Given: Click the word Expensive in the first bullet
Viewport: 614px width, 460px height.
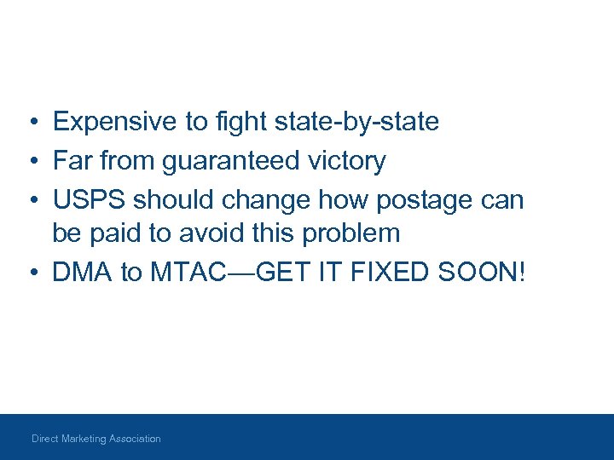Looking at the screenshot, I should click(115, 123).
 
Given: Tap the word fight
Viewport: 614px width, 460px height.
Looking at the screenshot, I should click(240, 123).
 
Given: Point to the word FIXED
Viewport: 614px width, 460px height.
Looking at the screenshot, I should click(391, 272).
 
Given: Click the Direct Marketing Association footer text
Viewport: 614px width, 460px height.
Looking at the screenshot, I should click(96, 439).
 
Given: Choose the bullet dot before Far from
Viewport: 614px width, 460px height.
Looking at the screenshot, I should click(31, 161).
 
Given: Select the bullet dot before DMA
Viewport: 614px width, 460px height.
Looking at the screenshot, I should click(31, 273).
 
